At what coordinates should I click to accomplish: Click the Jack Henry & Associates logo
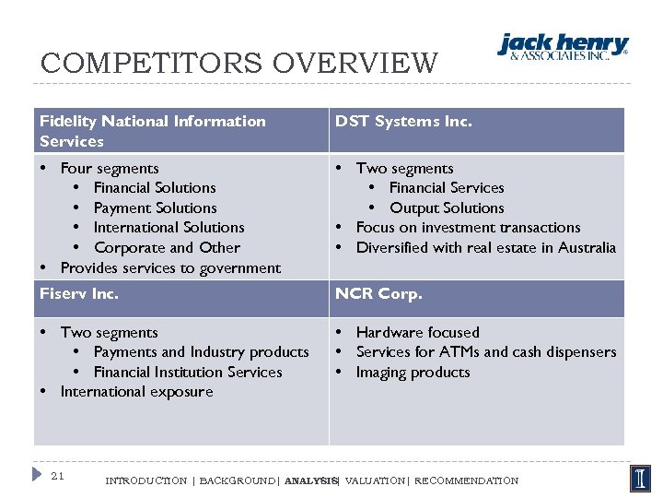[563, 46]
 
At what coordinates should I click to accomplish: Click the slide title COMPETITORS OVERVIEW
[239, 64]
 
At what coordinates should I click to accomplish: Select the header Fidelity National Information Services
[152, 131]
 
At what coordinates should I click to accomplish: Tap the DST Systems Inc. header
[403, 121]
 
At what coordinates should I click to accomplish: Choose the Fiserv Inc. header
[79, 294]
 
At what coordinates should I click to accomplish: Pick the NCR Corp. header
[378, 294]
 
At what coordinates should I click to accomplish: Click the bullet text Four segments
[110, 168]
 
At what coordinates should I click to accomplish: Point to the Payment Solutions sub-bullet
[155, 207]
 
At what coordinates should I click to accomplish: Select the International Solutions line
[169, 227]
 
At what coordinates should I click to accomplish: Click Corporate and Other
[167, 247]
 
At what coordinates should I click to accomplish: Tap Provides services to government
[170, 267]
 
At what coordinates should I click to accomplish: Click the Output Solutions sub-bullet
[447, 207]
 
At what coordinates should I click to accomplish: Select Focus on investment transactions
[468, 227]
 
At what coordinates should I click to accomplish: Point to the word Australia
[585, 247]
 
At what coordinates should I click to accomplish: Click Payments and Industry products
[201, 351]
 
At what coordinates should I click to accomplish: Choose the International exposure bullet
[136, 391]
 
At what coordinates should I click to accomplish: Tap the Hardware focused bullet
[417, 332]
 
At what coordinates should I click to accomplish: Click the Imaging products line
[413, 372]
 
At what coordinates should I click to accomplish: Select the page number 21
[57, 476]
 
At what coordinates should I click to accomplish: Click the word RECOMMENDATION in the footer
[467, 480]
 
